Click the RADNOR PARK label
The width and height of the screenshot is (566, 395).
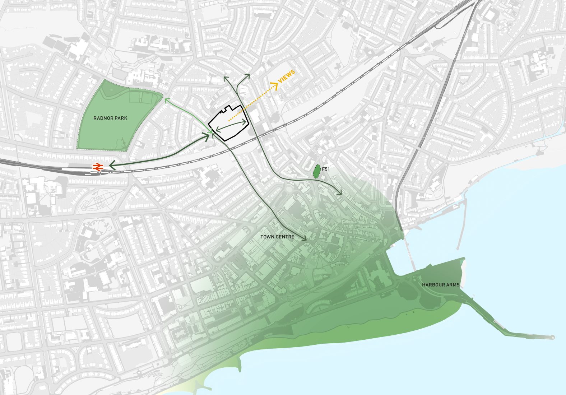pos(110,118)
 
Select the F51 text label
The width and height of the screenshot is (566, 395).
pos(326,169)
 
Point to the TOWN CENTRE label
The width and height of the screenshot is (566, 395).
pos(277,237)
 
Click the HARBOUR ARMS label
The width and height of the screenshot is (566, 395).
pos(441,285)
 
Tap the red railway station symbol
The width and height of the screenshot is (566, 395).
pos(98,167)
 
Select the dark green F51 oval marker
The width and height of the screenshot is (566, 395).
pos(316,172)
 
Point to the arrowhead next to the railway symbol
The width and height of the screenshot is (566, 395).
pos(111,165)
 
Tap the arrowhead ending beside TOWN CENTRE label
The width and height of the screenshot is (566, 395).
pos(305,238)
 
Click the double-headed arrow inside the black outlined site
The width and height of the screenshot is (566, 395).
pos(232,125)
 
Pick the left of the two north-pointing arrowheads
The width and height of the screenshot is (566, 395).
pos(226,77)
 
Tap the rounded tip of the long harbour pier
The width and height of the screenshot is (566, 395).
pos(553,337)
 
